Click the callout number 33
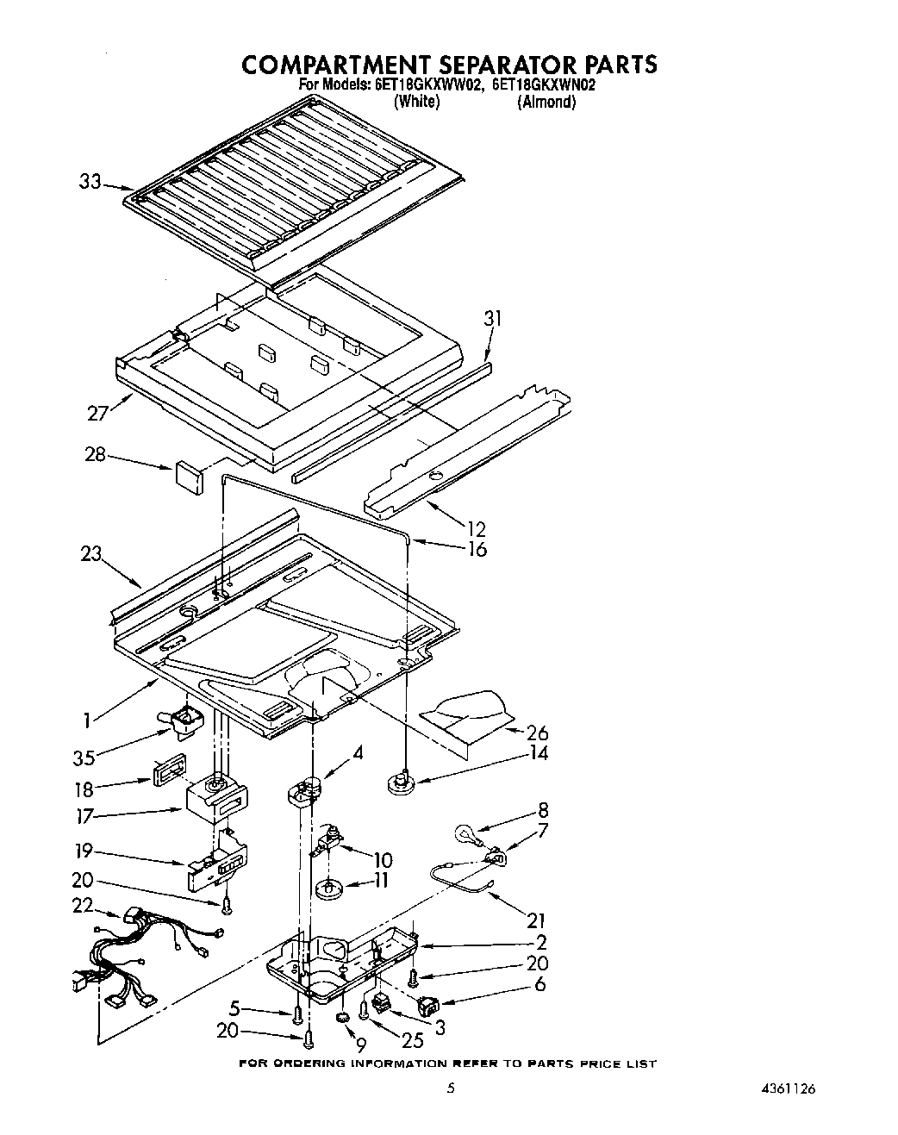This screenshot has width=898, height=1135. [x=90, y=182]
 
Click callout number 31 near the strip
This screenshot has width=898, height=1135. [x=492, y=318]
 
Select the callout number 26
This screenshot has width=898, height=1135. [x=537, y=733]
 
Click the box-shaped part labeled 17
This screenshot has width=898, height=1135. [x=215, y=797]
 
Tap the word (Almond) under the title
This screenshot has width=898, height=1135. [x=546, y=102]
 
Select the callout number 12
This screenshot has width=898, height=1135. [x=474, y=529]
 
